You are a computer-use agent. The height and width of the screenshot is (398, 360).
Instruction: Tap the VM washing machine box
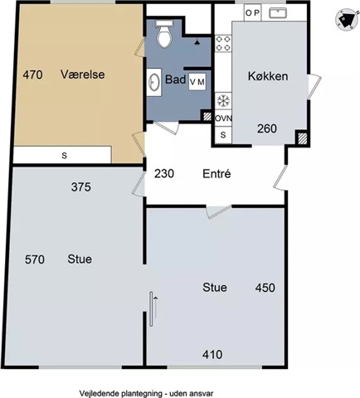tap(197, 82)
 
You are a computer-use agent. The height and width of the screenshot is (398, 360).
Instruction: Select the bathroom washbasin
tap(153, 82)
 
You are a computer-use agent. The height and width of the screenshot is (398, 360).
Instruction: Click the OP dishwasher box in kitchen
tap(252, 12)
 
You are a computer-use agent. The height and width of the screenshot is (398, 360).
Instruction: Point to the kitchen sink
tap(278, 12)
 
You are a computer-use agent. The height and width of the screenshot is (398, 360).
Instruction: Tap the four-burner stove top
tap(223, 43)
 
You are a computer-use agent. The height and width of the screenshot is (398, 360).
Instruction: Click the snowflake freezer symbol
tap(223, 100)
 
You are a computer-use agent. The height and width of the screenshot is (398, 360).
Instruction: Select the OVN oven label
tap(223, 119)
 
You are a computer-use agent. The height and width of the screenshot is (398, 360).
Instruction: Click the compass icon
tap(345, 19)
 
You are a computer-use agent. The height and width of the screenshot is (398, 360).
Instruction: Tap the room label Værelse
tap(83, 75)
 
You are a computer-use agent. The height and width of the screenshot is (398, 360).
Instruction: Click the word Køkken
tap(268, 76)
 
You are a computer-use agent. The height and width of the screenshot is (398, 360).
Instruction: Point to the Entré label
tap(216, 174)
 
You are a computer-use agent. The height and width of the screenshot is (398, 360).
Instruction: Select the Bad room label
tap(175, 80)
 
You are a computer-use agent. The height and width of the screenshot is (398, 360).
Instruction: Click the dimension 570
tap(35, 260)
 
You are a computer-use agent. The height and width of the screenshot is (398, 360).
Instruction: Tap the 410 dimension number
tap(212, 355)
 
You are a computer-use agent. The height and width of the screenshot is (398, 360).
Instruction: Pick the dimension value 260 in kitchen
tap(267, 129)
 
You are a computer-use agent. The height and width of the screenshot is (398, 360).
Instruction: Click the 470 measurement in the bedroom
tap(32, 75)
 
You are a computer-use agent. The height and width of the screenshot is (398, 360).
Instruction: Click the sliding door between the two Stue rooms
tap(151, 309)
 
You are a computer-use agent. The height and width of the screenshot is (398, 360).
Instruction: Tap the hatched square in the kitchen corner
tap(303, 138)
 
